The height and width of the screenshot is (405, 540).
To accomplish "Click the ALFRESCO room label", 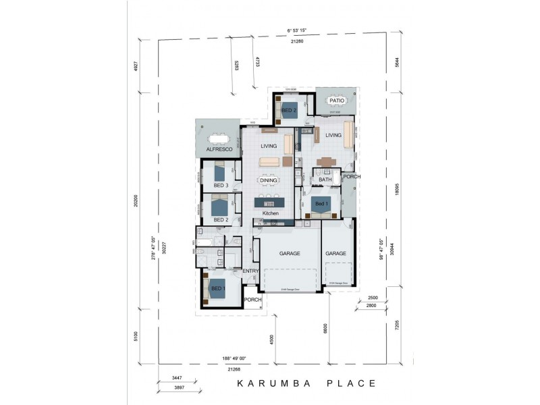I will coord(219,148).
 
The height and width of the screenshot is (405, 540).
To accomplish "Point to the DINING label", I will coord(269,180).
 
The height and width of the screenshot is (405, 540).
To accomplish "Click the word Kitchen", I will coord(271,213).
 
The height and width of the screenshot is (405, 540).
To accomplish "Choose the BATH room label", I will coord(325,180).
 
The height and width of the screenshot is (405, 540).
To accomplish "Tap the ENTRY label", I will coord(251,271).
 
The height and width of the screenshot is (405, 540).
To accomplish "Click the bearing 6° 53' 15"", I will coord(297,31).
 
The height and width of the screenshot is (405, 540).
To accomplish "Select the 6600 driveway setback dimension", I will coord(325,328).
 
